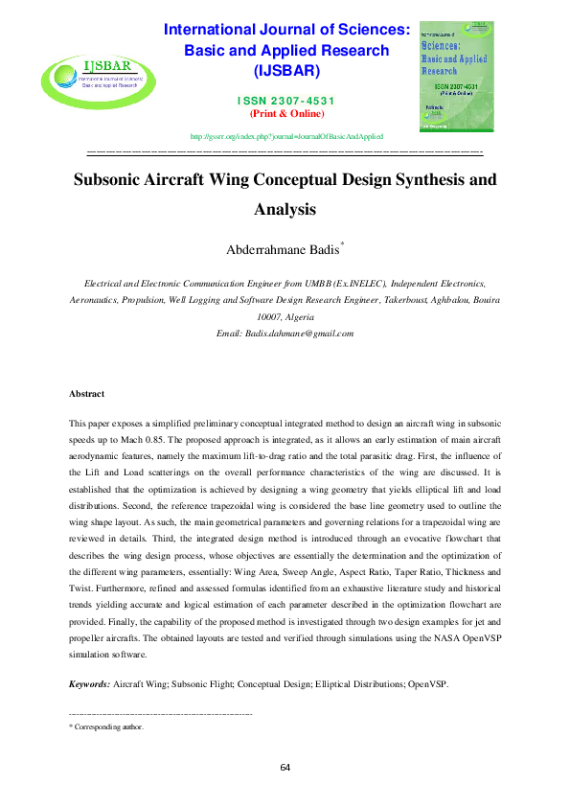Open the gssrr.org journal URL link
point(286,137)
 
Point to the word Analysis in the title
point(285,208)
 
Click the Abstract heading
point(87,394)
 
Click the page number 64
point(285,768)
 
